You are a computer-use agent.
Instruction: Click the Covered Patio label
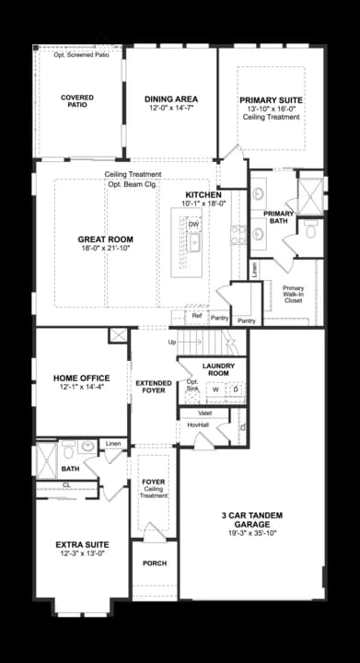(x=77, y=100)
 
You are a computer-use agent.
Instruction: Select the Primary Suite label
(x=271, y=99)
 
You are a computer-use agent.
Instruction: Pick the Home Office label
(x=81, y=378)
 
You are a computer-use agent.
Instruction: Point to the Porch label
(x=154, y=563)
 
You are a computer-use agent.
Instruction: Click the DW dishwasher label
(x=193, y=225)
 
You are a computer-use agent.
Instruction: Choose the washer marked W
(x=215, y=390)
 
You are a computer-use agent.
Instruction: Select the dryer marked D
(x=236, y=390)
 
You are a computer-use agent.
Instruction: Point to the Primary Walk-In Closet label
(x=294, y=293)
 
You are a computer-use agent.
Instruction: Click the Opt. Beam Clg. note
(x=134, y=184)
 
